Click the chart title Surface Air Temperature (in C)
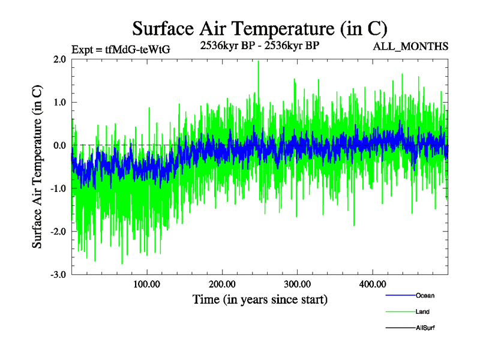pos(260,28)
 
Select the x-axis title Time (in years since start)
pos(260,299)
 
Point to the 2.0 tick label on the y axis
pos(59,59)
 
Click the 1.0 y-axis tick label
pos(59,103)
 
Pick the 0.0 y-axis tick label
pos(59,145)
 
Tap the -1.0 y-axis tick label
pos(58,188)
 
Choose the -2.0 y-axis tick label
pos(58,232)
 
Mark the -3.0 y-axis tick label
pos(58,274)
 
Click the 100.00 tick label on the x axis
pos(147,284)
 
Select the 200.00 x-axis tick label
pos(222,284)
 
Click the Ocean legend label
pos(425,295)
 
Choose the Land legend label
pos(422,311)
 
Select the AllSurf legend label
pos(425,328)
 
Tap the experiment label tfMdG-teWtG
pos(120,50)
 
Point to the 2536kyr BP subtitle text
pos(260,44)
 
